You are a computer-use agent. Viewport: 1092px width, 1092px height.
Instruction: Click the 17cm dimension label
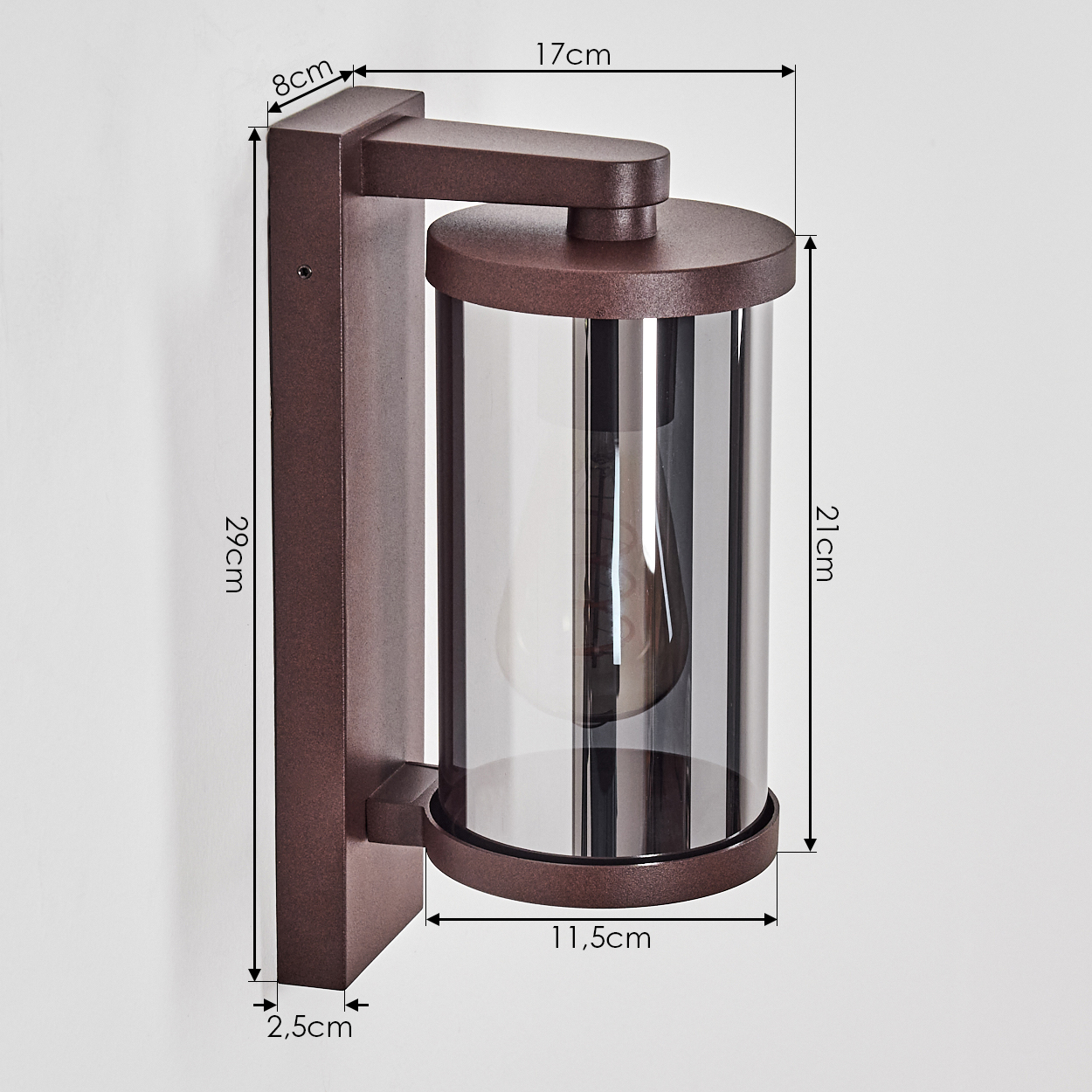coord(573,56)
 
